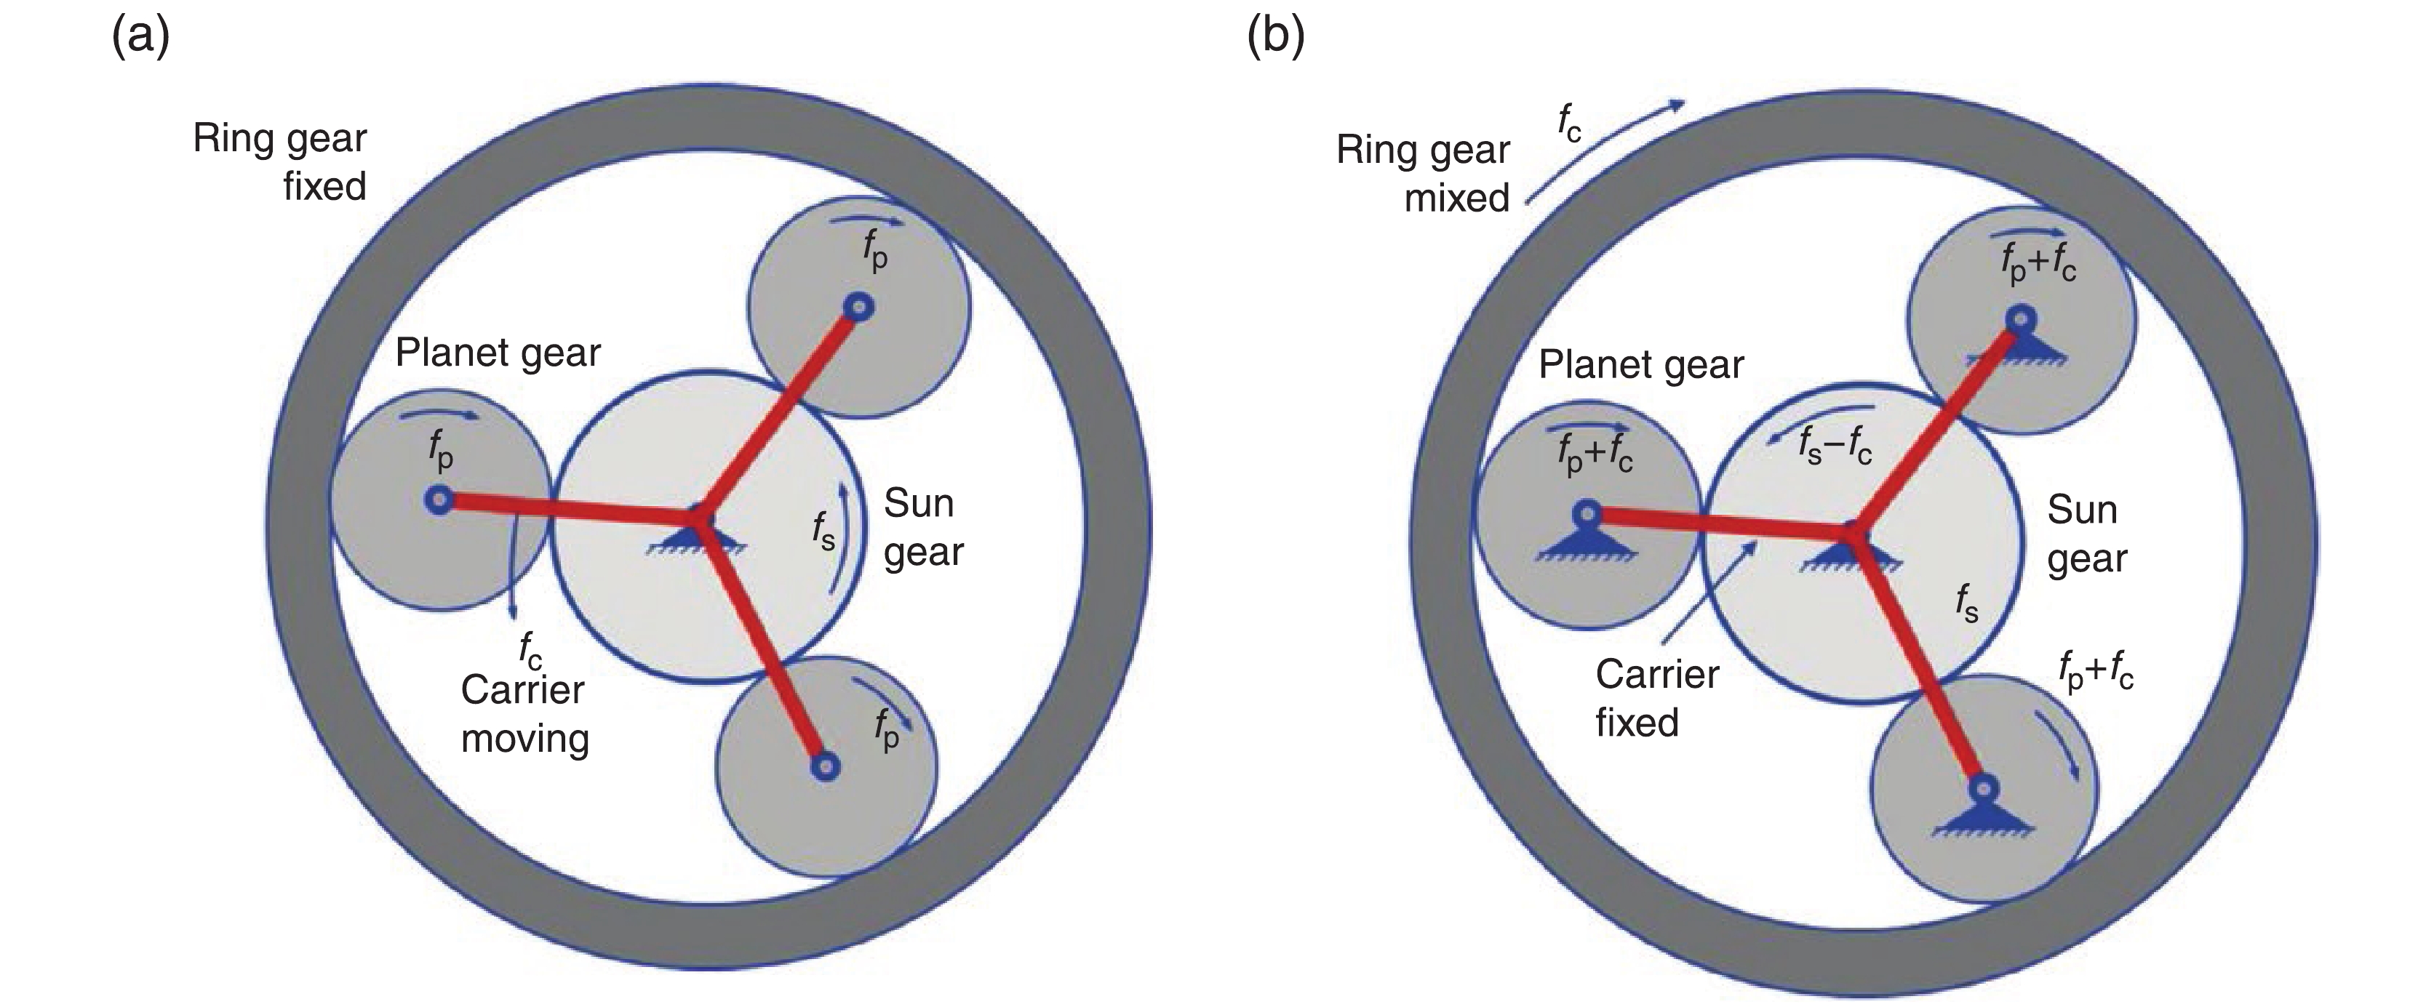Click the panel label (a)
tap(141, 39)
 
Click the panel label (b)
tap(1276, 39)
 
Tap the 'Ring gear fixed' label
tap(281, 161)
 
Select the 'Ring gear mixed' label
tap(1423, 174)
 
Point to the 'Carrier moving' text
tap(524, 713)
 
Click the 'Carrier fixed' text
tap(1656, 698)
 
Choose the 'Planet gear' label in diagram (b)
tap(1640, 365)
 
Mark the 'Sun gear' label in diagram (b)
tap(2086, 534)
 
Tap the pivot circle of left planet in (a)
tap(439, 499)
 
